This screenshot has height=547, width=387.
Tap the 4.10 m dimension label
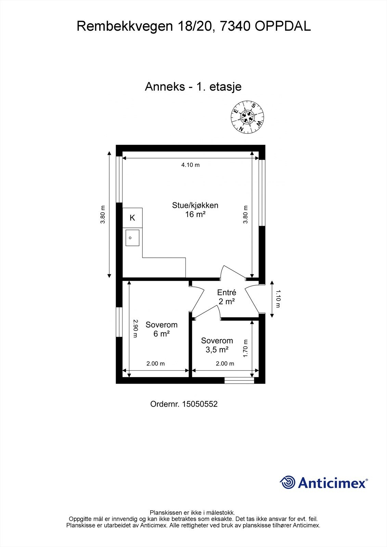(x=190, y=165)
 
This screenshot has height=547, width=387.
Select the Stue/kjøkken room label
(x=195, y=210)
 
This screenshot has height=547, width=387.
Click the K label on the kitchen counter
(x=132, y=218)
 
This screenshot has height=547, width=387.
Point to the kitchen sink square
(x=132, y=238)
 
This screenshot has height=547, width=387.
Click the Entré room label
(x=227, y=297)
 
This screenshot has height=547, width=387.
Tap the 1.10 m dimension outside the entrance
(x=278, y=298)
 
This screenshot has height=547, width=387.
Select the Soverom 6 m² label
(x=162, y=329)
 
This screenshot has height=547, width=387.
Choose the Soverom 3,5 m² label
(x=217, y=345)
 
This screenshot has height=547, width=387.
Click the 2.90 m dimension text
(x=135, y=328)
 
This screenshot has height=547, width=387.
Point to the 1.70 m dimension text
(x=245, y=348)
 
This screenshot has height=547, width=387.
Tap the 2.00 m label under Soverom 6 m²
(x=156, y=364)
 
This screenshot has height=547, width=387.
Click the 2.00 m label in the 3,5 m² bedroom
(x=225, y=364)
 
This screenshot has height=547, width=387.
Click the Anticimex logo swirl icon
(x=287, y=482)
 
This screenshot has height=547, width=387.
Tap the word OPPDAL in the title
(x=283, y=26)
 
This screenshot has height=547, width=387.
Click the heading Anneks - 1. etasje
(x=193, y=86)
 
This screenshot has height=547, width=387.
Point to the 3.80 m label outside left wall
(x=102, y=215)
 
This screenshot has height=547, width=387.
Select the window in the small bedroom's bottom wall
(x=239, y=379)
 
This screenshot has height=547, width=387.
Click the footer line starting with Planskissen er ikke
(x=192, y=512)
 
